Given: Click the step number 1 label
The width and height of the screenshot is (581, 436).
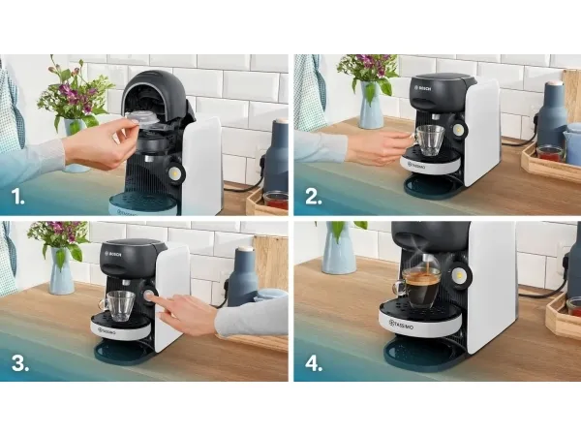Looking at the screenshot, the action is click(x=17, y=197).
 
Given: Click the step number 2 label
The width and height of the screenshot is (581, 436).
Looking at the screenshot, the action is click(x=314, y=197).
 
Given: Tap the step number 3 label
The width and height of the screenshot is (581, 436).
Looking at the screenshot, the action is click(x=20, y=363).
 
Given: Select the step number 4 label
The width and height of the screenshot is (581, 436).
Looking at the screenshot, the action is click(x=314, y=363).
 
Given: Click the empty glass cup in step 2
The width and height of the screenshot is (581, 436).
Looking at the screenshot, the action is click(x=428, y=140).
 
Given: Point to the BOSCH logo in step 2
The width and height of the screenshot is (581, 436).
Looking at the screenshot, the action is click(x=424, y=89).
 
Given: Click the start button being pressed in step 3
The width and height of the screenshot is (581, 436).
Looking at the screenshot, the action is click(x=149, y=296).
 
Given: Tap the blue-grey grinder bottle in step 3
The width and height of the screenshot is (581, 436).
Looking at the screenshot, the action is click(x=242, y=271).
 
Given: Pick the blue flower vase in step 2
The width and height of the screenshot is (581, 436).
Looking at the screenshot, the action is click(x=371, y=105).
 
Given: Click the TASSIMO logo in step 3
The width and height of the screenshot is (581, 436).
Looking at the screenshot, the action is click(x=106, y=330).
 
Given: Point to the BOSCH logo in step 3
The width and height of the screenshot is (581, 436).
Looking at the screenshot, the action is click(x=115, y=254).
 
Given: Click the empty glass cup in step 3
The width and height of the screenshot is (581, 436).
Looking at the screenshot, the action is click(x=118, y=305).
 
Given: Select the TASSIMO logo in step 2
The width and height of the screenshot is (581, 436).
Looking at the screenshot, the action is click(x=416, y=165).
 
